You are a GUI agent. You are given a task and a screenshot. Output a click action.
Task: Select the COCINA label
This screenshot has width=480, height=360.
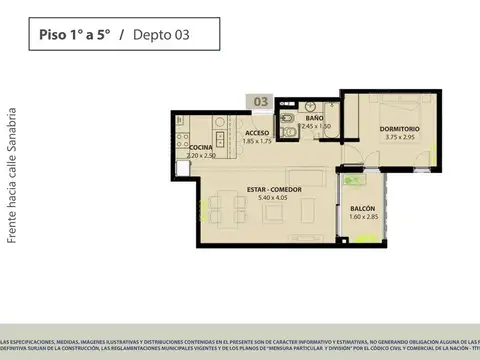coord(187,147)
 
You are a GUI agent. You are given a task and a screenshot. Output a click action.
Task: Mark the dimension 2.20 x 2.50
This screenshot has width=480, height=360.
coord(187,155)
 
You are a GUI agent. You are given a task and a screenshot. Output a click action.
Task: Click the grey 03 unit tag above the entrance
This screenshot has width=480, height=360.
coord(259,101)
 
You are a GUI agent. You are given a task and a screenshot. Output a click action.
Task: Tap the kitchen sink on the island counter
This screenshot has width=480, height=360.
coord(219,137)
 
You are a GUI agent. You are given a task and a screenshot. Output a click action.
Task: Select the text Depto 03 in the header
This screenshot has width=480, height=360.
coord(160,35)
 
